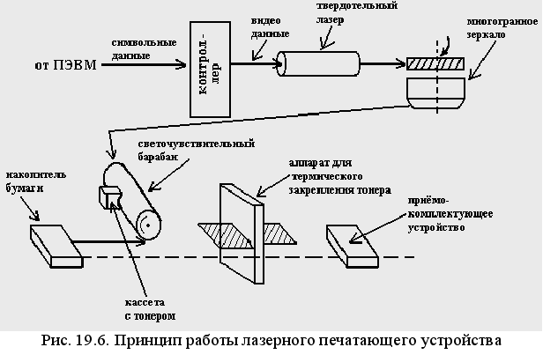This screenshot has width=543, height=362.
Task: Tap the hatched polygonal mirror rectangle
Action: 435,63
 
